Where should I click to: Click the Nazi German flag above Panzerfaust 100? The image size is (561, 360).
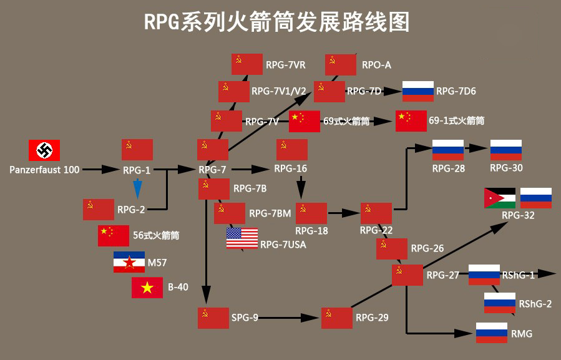[x=44, y=150]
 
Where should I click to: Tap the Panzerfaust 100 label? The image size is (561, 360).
[x=44, y=169]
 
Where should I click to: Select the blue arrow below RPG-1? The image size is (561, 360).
[x=138, y=188]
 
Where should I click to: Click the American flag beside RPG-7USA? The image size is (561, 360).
[x=242, y=238]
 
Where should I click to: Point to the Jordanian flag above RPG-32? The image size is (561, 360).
[x=499, y=198]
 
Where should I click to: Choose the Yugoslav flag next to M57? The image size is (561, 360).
[x=129, y=262]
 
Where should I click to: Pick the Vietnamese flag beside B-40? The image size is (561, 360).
[x=147, y=288]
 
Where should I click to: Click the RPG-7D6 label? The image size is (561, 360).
[x=456, y=92]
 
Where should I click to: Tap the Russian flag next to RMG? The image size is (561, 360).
[x=492, y=333]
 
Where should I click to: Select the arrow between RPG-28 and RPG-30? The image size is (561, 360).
[x=477, y=149]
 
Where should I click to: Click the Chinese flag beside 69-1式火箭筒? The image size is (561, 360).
[x=411, y=120]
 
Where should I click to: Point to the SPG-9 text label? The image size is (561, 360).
[x=245, y=318]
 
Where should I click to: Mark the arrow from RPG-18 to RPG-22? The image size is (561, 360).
[x=343, y=213]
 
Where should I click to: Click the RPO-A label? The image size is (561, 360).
[x=376, y=64]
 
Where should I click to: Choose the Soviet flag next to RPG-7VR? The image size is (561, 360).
[x=247, y=64]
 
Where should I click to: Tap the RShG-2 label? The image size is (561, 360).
[x=535, y=304]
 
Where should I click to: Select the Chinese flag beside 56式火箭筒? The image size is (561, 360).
[x=114, y=235]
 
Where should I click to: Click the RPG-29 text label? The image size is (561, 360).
[x=372, y=318]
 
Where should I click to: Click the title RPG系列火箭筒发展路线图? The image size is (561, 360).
[x=277, y=22]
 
